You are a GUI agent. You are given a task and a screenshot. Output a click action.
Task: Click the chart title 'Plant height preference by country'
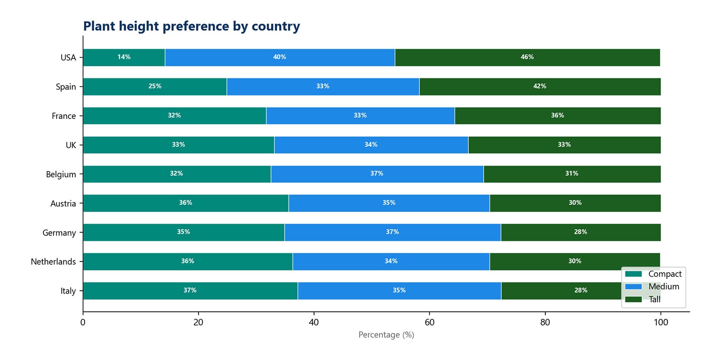pyautogui.click(x=191, y=26)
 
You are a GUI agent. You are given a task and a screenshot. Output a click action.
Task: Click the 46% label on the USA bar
pyautogui.click(x=527, y=57)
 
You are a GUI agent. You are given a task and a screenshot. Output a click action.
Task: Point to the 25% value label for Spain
pyautogui.click(x=155, y=86)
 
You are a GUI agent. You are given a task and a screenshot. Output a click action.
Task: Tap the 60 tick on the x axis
pyautogui.click(x=429, y=322)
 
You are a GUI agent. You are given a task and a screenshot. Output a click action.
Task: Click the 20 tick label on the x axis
pyautogui.click(x=198, y=322)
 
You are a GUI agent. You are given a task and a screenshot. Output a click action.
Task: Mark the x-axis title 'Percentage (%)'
pyautogui.click(x=386, y=335)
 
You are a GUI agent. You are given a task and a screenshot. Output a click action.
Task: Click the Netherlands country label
pyautogui.click(x=53, y=262)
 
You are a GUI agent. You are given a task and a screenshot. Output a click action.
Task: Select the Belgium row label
pyautogui.click(x=61, y=175)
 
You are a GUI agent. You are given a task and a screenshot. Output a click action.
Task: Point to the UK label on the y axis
pyautogui.click(x=71, y=145)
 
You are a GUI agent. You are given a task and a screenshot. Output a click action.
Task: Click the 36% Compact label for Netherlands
pyautogui.click(x=187, y=261)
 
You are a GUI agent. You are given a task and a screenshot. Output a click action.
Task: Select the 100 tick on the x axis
pyautogui.click(x=661, y=322)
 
